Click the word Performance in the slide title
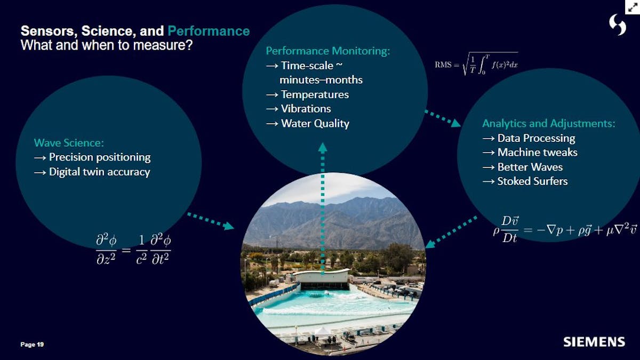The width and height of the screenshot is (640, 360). pyautogui.click(x=209, y=31)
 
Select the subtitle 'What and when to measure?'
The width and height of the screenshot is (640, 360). pyautogui.click(x=106, y=45)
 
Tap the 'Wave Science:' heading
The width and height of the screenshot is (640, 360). pyautogui.click(x=69, y=143)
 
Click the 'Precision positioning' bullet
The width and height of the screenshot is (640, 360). pyautogui.click(x=99, y=157)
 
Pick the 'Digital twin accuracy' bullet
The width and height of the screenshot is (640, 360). pyautogui.click(x=99, y=172)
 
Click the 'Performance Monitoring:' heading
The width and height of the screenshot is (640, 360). pyautogui.click(x=328, y=51)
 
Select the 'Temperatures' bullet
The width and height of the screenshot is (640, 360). pyautogui.click(x=315, y=94)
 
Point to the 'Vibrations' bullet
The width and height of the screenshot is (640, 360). pyautogui.click(x=306, y=109)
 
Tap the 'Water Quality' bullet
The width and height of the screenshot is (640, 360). pyautogui.click(x=315, y=124)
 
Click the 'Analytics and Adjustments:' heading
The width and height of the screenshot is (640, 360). pyautogui.click(x=548, y=123)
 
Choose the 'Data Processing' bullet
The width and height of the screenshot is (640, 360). pyautogui.click(x=536, y=138)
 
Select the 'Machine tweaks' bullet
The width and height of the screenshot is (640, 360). pyautogui.click(x=537, y=153)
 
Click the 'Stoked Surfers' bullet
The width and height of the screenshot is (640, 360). pyautogui.click(x=532, y=181)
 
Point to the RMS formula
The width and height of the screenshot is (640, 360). pyautogui.click(x=476, y=65)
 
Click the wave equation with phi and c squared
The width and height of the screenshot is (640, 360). pyautogui.click(x=133, y=249)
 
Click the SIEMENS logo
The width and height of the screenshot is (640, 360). pyautogui.click(x=594, y=341)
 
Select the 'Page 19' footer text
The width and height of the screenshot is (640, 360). pyautogui.click(x=32, y=345)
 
